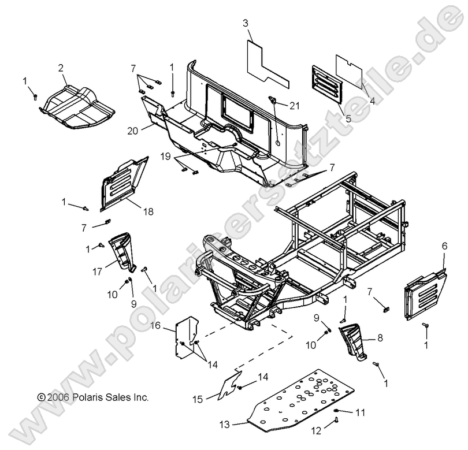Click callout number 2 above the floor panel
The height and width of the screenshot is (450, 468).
pos(61,68)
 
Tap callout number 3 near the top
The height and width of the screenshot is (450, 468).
pos(246,23)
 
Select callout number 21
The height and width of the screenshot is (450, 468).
pos(295,106)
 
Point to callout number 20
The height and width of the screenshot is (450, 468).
pos(133,131)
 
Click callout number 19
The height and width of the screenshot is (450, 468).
pos(166,157)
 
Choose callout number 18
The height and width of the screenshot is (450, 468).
pos(148,211)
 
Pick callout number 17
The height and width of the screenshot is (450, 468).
pos(98,272)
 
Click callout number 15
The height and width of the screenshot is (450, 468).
pos(198,399)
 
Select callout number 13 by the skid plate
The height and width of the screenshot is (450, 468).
pos(225,424)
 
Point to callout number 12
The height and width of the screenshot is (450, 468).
pos(317,430)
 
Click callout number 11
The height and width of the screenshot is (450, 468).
pos(361,412)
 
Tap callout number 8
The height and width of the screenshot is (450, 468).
pos(380,338)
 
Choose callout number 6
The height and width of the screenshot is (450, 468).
pos(445,246)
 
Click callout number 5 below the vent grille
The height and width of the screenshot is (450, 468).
pos(348,118)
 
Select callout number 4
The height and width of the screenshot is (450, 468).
pos(372,101)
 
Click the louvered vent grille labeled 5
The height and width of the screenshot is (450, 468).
pos(326,85)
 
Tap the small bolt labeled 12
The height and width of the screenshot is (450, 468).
pos(337,421)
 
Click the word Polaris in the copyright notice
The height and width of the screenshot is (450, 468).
pos(87,397)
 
